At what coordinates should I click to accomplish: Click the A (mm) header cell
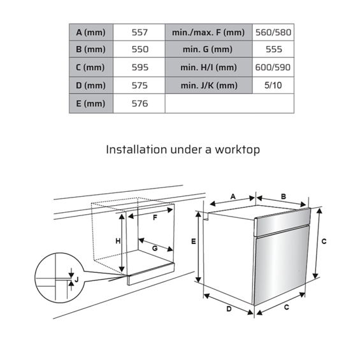click(91, 32)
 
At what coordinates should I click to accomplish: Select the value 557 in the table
click(140, 32)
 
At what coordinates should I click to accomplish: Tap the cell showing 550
click(140, 49)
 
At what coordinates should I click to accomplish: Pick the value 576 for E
click(140, 104)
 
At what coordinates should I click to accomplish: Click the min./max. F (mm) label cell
click(208, 32)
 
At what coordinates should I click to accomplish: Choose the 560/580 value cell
click(273, 32)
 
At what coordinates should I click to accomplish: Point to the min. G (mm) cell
click(208, 49)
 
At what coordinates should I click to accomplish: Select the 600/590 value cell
click(273, 68)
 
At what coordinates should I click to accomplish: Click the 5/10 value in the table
click(273, 85)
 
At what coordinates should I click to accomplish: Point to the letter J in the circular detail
click(76, 280)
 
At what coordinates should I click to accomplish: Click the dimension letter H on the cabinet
click(118, 241)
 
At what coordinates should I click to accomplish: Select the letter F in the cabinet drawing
click(155, 217)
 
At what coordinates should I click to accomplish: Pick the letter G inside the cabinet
click(155, 248)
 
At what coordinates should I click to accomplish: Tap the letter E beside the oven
click(194, 241)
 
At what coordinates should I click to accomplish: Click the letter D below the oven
click(229, 309)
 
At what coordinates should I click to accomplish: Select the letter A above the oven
click(233, 196)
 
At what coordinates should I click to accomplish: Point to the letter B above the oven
click(284, 196)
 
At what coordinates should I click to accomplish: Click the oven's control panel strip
click(282, 222)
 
